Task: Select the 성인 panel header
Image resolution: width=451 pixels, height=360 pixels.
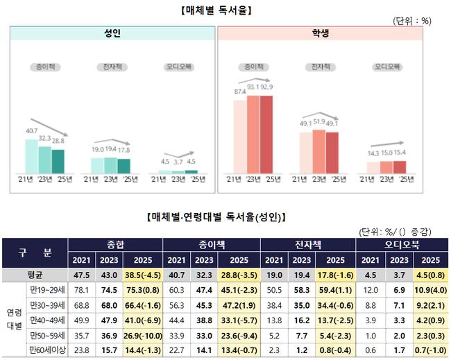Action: coord(111,33)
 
